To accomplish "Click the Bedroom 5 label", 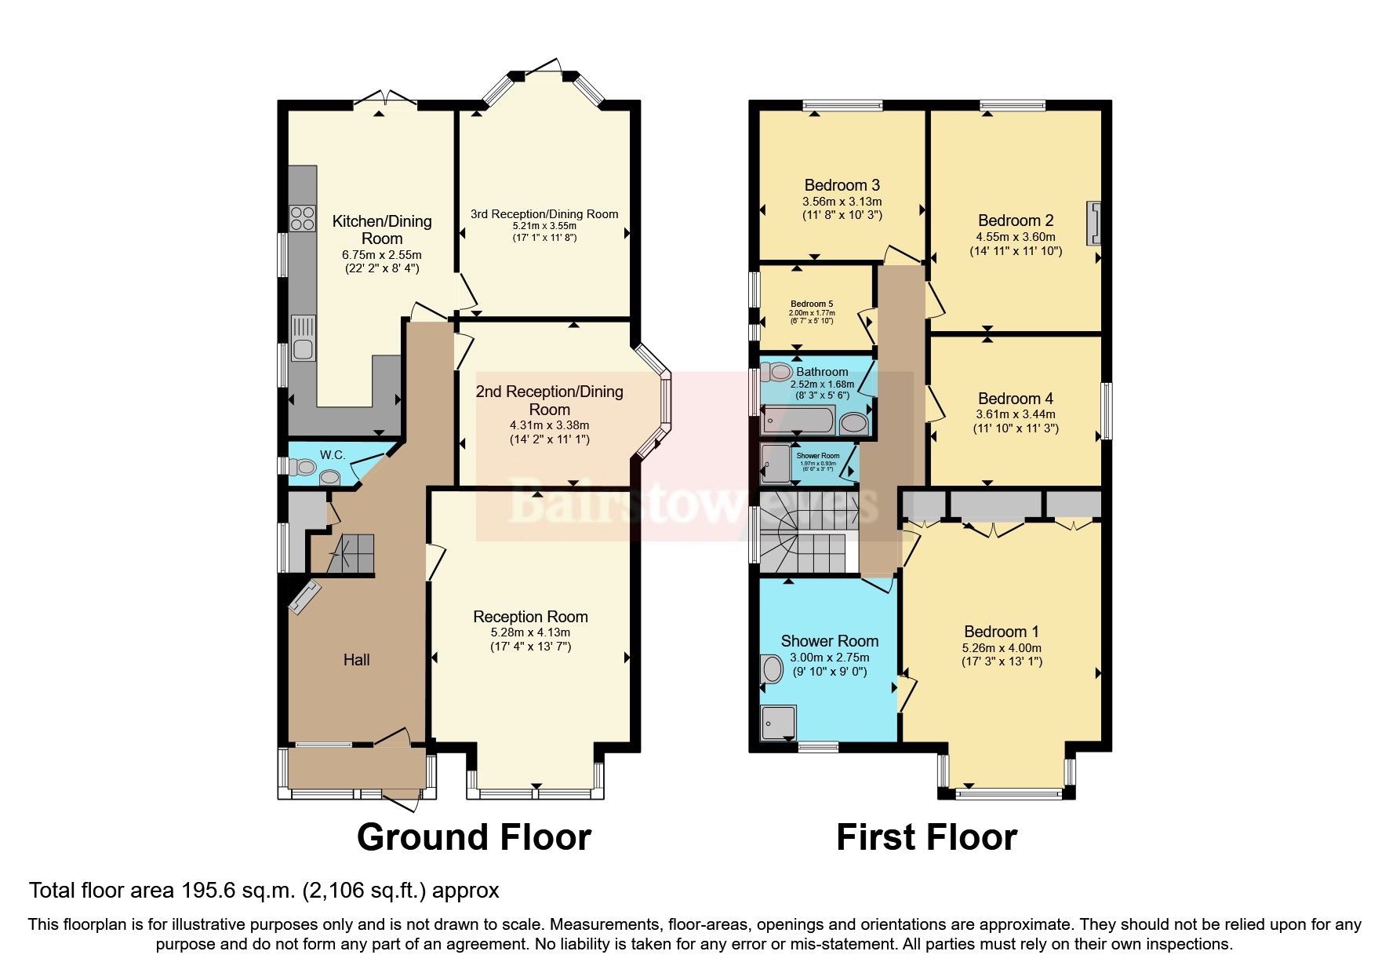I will tap(811, 304).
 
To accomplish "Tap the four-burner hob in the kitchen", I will tap(302, 217).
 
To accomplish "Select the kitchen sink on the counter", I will tap(303, 337).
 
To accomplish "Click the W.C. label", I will tap(333, 455).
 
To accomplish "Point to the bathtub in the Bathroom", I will tap(797, 421).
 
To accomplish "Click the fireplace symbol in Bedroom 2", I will tap(1093, 224).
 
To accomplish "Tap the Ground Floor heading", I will tap(474, 837).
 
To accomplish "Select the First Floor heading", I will tap(926, 837).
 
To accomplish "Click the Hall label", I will tap(356, 660).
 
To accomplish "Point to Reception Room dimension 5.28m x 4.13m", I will tap(530, 632).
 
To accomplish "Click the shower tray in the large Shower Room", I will tap(779, 723).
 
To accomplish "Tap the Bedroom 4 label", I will tap(1015, 399).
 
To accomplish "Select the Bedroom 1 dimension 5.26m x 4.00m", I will tap(1002, 648).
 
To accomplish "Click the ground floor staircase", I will tap(351, 554).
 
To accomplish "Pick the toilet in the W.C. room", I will tap(303, 468).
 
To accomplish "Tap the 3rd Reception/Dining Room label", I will tap(544, 214).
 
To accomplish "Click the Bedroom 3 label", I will tap(842, 185).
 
